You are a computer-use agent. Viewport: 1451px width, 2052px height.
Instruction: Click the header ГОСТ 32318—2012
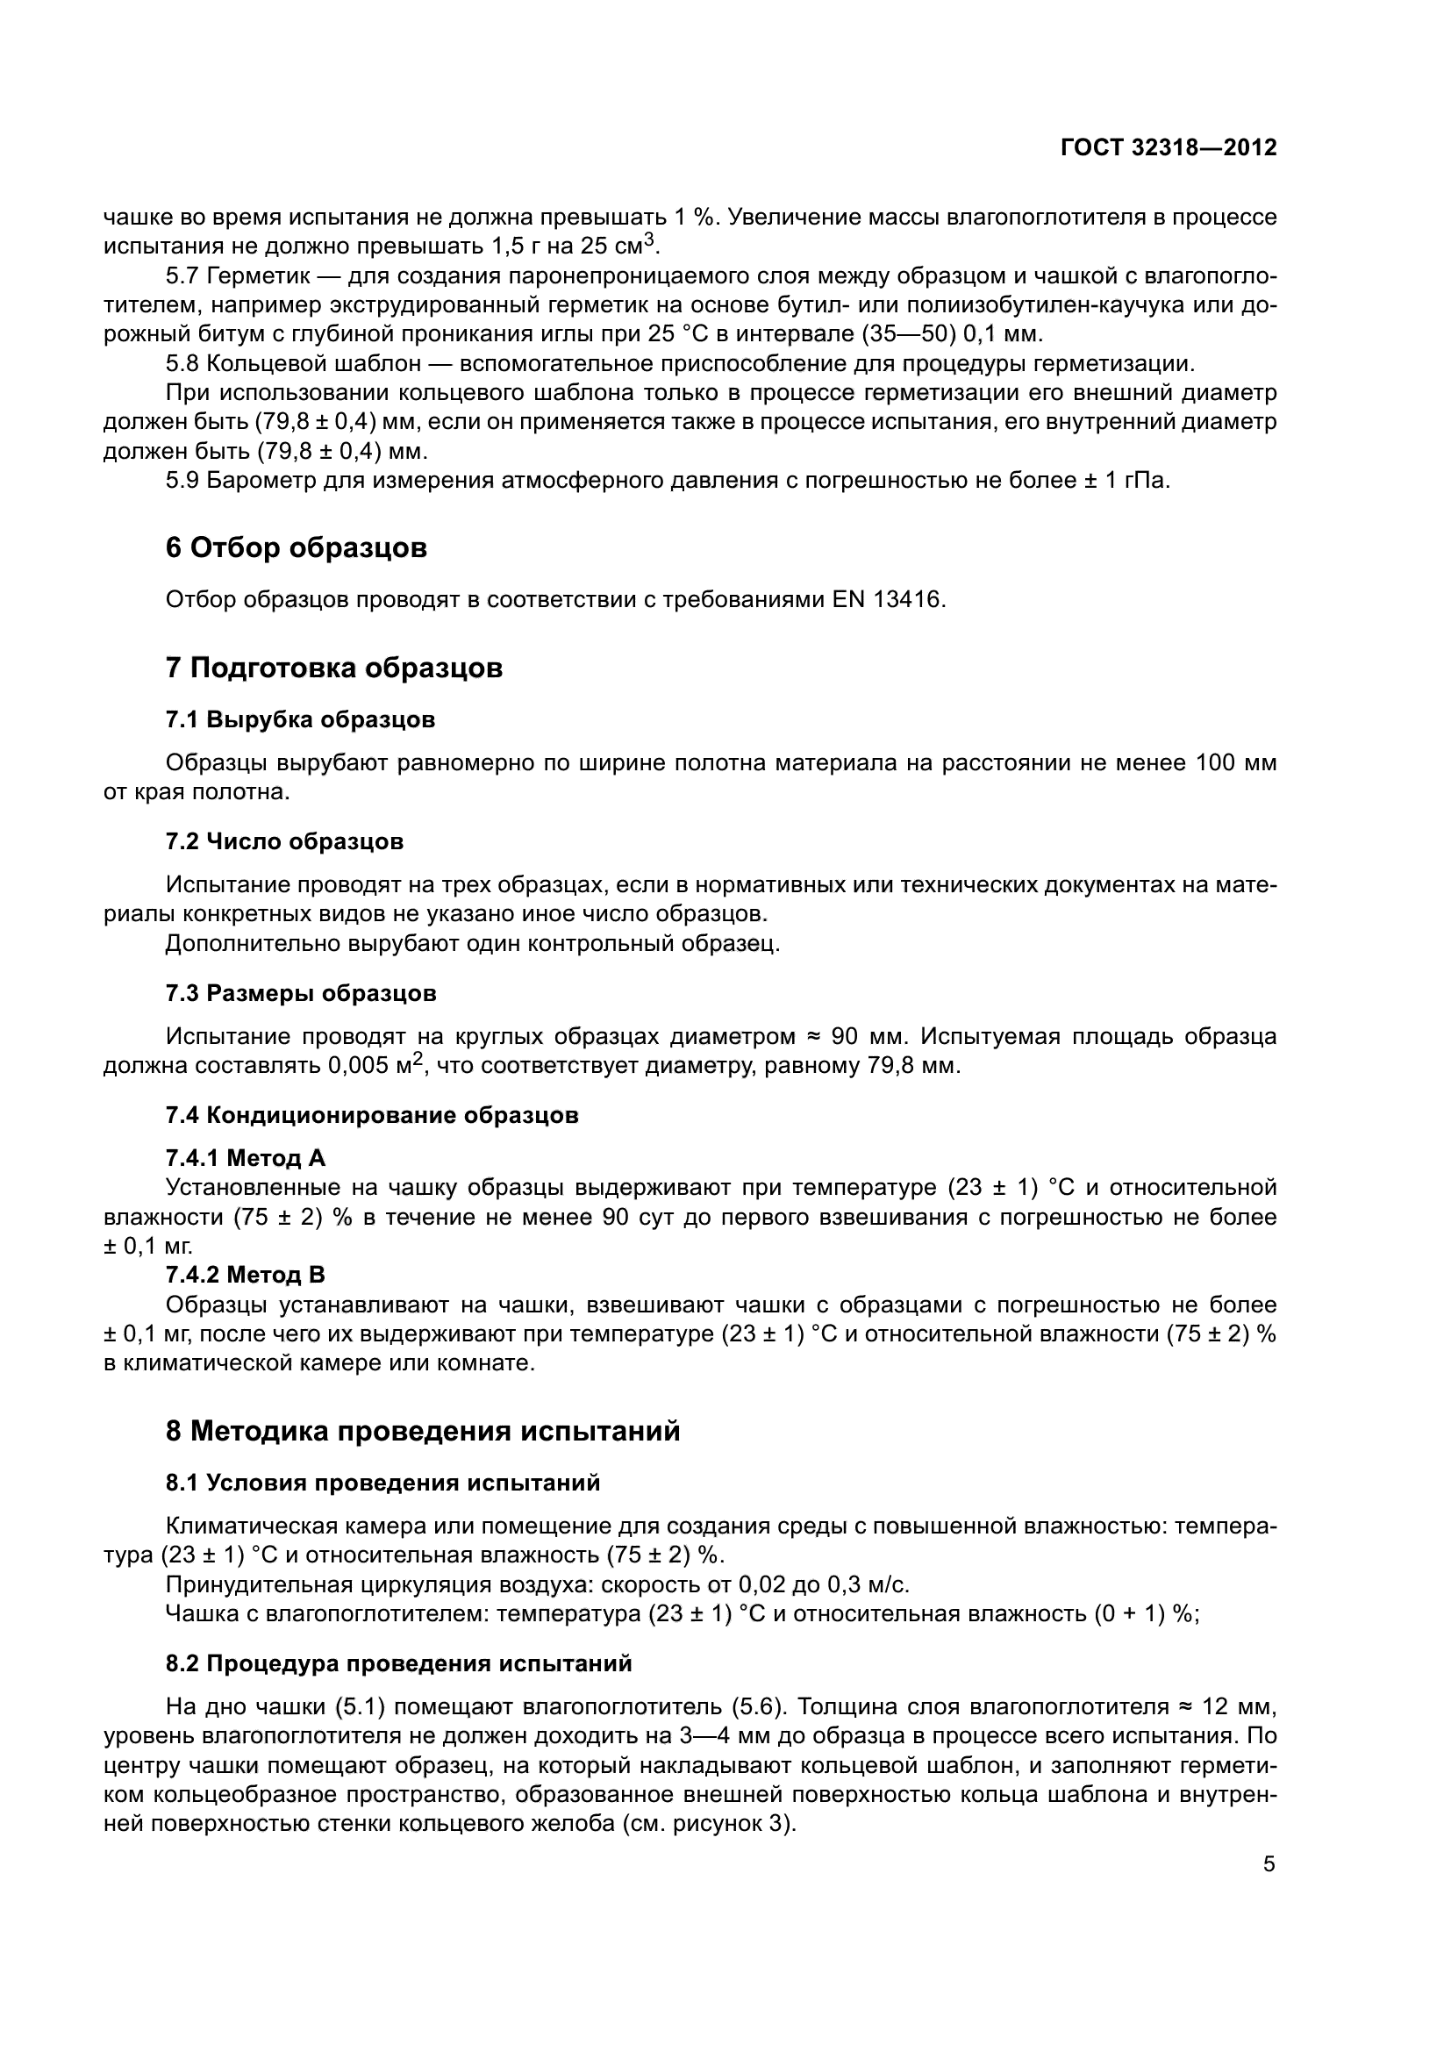coord(1169,147)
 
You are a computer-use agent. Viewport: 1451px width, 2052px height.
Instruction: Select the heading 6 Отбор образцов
coord(296,547)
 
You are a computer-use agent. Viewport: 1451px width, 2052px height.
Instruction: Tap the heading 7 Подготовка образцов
coord(334,668)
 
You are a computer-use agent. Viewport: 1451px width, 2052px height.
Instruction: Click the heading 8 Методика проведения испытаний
coord(423,1431)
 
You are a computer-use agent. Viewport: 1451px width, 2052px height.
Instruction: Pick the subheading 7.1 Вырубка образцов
coord(300,719)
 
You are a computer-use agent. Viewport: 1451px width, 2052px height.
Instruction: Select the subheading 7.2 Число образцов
coord(284,841)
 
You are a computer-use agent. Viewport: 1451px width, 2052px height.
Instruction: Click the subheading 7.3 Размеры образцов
coord(300,993)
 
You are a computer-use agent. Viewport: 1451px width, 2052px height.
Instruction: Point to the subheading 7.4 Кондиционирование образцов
coord(372,1115)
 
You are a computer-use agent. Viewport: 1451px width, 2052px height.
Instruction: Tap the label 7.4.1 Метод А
coord(246,1158)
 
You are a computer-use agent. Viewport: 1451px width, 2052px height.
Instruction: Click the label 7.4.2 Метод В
coord(246,1274)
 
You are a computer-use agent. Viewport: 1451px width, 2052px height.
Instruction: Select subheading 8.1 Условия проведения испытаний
coord(382,1483)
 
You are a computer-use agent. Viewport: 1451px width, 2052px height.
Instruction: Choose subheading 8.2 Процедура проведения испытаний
coord(398,1663)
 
